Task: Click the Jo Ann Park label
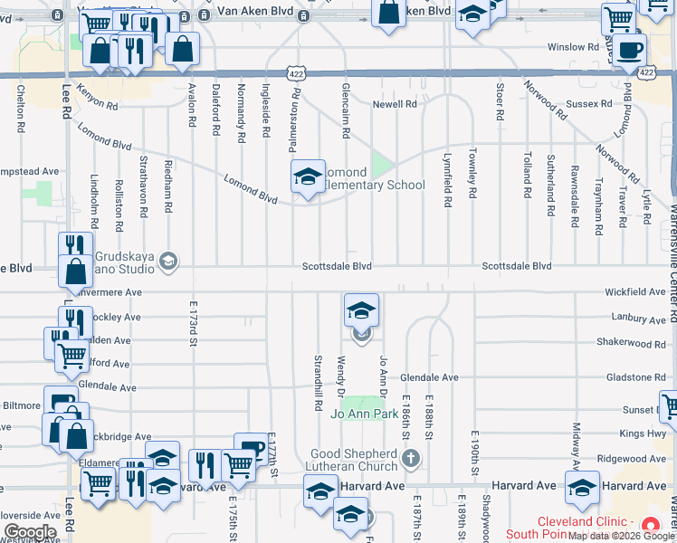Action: tap(365, 414)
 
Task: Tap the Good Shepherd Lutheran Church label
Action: tap(354, 460)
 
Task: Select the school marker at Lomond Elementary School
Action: tap(308, 176)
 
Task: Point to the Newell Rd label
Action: tap(395, 105)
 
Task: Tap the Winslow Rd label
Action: tap(573, 47)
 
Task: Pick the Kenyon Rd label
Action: tap(98, 101)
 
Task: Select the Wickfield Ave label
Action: tap(636, 292)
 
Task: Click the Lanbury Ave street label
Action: tap(640, 319)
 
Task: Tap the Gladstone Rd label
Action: tap(636, 377)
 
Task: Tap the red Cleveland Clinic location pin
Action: tap(649, 526)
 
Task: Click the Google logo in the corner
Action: tap(29, 532)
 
